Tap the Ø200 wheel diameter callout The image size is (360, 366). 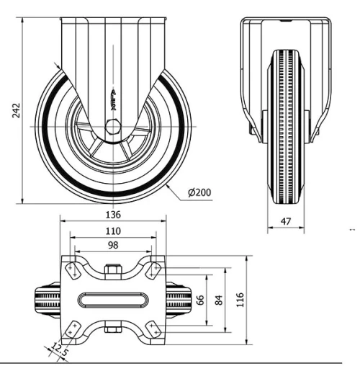click(198, 194)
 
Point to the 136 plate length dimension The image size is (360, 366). click(112, 214)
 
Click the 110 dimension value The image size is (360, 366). click(112, 231)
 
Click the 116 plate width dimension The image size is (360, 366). click(240, 298)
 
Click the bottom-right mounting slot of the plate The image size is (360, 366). click(154, 328)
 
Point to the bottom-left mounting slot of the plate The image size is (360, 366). click(72, 328)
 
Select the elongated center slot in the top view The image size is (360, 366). click(113, 298)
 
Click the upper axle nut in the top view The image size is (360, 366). click(113, 271)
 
